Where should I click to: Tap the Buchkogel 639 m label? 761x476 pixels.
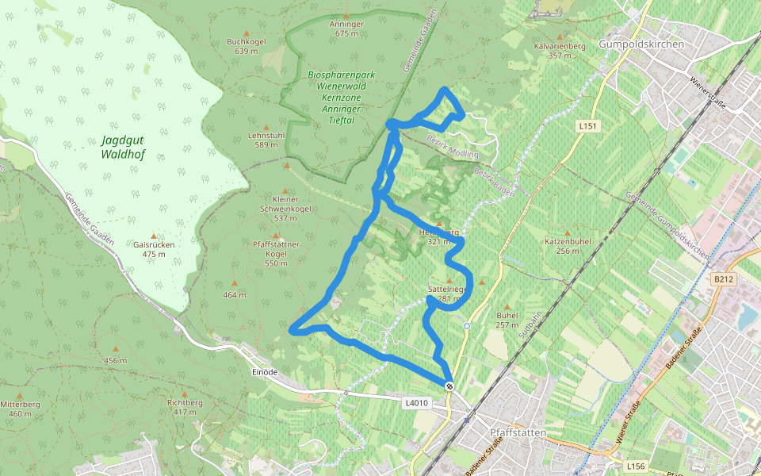246,46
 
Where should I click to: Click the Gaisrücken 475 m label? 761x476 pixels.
154,249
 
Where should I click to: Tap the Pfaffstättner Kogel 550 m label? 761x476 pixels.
276,253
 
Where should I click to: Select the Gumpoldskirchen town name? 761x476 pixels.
641,44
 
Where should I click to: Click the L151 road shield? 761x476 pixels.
587,126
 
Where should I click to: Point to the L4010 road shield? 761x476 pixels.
416,403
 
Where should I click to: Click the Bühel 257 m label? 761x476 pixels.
507,320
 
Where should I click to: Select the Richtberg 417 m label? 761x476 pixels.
185,407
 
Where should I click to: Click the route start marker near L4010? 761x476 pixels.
449,386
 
